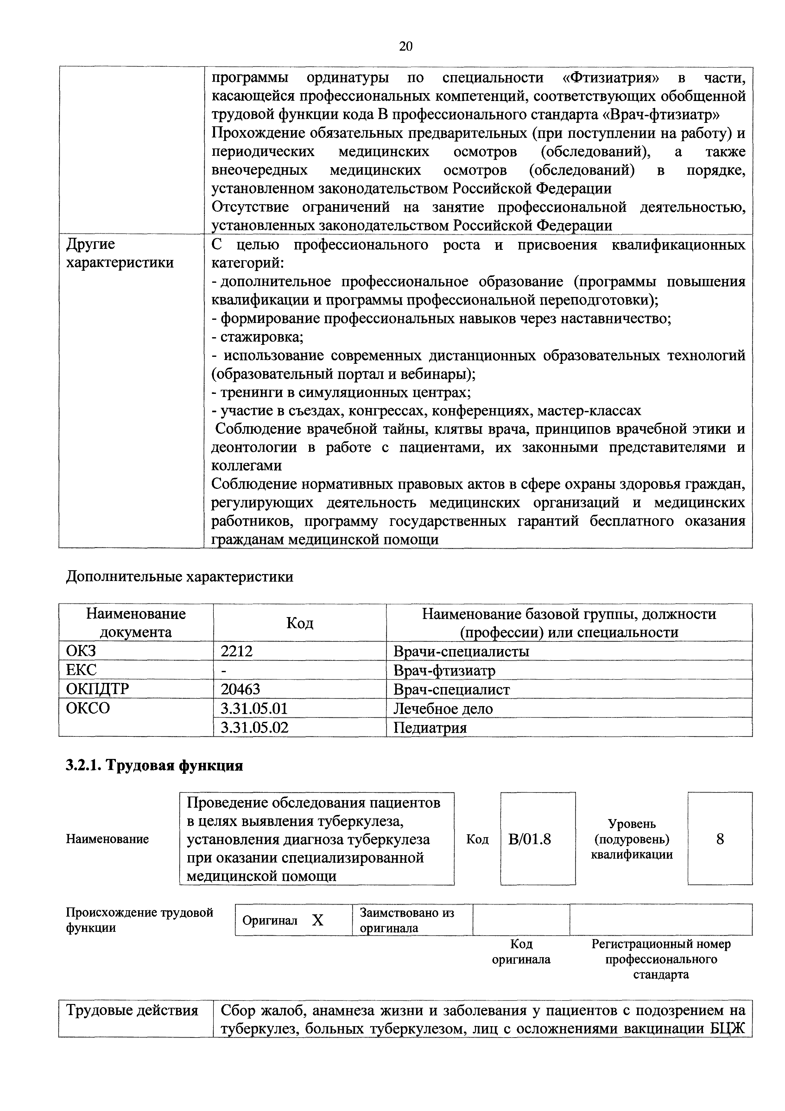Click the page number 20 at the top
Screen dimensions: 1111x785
406,47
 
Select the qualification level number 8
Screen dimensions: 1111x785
720,839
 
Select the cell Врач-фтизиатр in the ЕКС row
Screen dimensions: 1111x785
444,670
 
